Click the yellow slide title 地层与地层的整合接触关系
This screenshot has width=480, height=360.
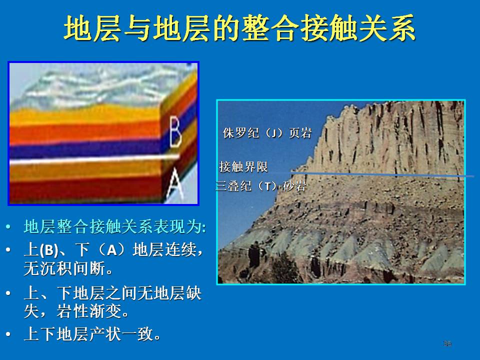239,28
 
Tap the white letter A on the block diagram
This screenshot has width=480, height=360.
174,184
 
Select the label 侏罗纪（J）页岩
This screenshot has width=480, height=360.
267,133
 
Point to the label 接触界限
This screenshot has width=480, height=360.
243,167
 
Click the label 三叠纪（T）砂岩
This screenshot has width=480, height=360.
261,186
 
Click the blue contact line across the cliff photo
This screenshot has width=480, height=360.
382,175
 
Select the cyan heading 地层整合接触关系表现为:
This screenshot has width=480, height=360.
115,227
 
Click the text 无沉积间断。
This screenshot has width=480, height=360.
68,268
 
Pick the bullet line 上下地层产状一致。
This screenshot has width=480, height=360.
92,333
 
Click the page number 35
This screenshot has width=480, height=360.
447,343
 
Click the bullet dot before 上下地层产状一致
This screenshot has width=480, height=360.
8,334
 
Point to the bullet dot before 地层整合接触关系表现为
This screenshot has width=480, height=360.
8,227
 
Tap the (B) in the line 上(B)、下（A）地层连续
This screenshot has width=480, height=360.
48,250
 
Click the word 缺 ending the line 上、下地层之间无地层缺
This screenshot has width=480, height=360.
193,293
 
